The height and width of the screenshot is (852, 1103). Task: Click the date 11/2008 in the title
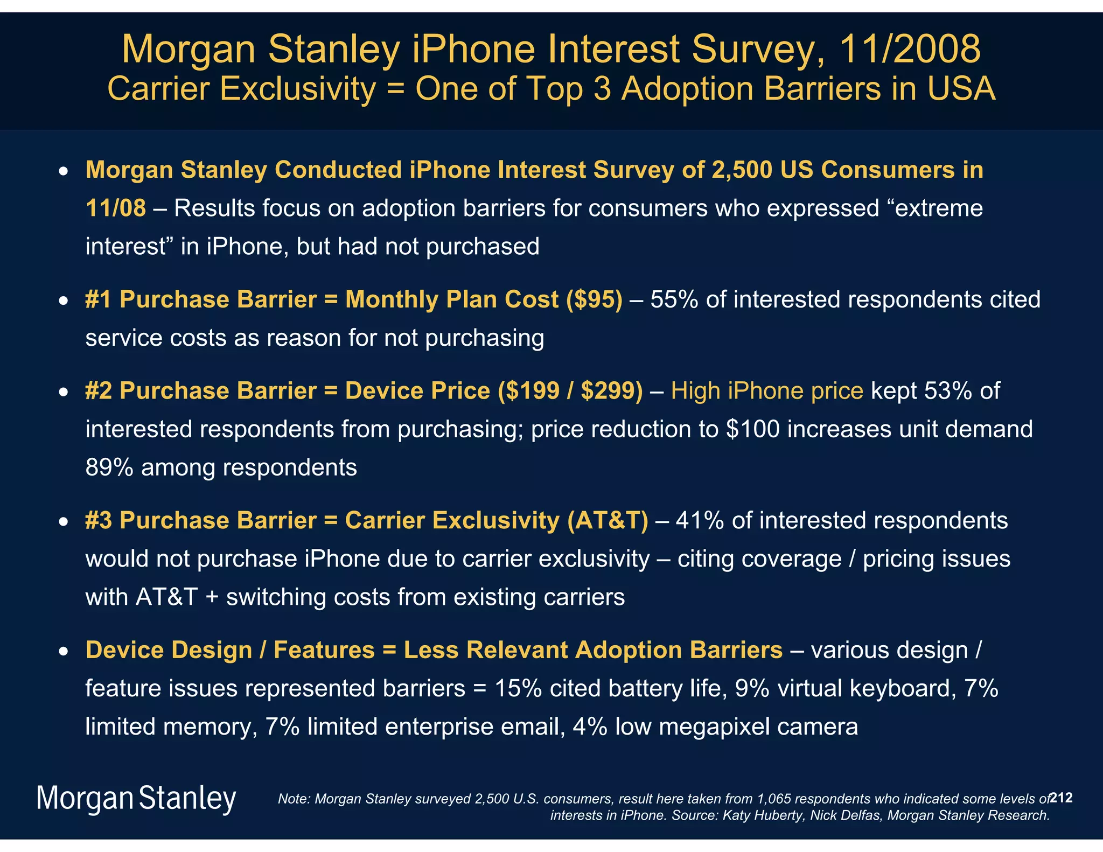(910, 49)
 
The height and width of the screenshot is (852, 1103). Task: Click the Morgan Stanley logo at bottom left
(136, 799)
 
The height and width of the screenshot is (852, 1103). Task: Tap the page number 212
(1062, 798)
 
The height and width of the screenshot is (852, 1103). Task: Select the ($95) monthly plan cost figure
(594, 299)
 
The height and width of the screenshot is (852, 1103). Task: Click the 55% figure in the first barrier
(674, 299)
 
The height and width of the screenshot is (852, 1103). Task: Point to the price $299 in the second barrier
(611, 391)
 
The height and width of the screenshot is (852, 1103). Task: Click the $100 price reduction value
(752, 429)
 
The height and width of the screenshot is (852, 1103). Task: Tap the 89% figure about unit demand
(109, 467)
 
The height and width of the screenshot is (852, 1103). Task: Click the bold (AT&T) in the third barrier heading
(607, 521)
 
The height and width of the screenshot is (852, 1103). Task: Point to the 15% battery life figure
(518, 689)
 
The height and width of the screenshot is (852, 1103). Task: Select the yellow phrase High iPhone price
(767, 391)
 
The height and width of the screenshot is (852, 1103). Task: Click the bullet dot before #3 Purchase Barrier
(64, 522)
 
